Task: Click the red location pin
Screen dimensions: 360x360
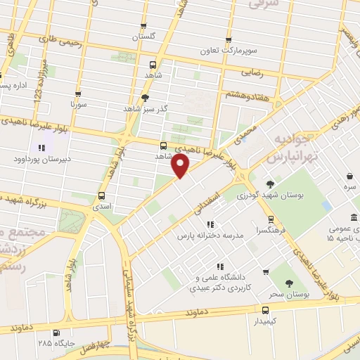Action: click(181, 166)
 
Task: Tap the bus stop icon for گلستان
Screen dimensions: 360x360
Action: click(144, 26)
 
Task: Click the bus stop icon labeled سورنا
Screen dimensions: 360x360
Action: click(77, 94)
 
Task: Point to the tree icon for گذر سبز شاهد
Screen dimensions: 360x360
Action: click(146, 98)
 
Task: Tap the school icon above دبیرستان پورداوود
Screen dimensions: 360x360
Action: click(41, 148)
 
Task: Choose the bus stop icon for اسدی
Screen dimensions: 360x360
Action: click(102, 196)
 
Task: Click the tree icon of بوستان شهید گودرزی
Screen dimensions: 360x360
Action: click(270, 184)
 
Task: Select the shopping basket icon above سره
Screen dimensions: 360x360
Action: click(349, 176)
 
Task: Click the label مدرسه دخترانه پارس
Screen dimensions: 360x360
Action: click(210, 236)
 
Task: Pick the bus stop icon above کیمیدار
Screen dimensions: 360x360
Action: click(266, 309)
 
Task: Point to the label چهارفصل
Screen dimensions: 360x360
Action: click(95, 349)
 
